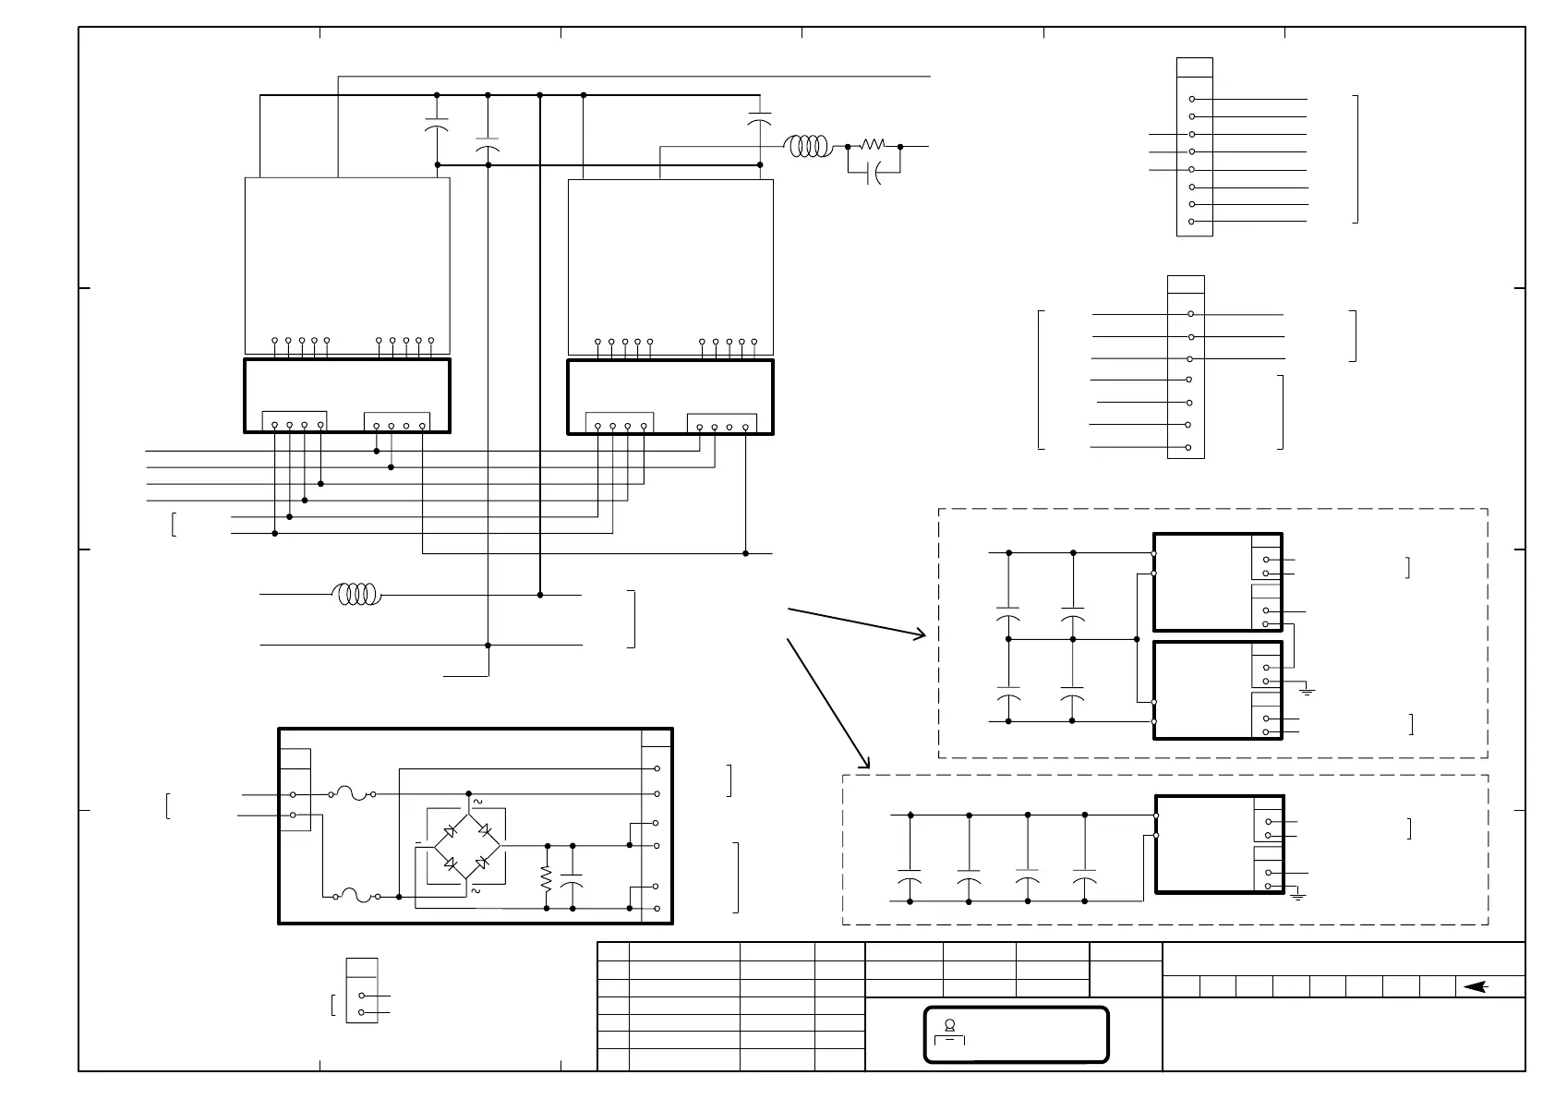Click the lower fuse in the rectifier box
point(355,896)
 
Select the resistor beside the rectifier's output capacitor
point(547,877)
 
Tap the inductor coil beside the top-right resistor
point(807,146)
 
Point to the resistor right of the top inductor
point(873,146)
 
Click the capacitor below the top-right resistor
point(874,173)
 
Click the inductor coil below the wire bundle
point(356,595)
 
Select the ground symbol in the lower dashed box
point(1298,895)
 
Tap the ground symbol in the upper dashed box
point(1307,690)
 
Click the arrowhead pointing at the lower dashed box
point(865,763)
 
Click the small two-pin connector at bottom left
point(362,990)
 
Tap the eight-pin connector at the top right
point(1194,147)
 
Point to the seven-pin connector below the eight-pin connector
point(1186,367)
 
